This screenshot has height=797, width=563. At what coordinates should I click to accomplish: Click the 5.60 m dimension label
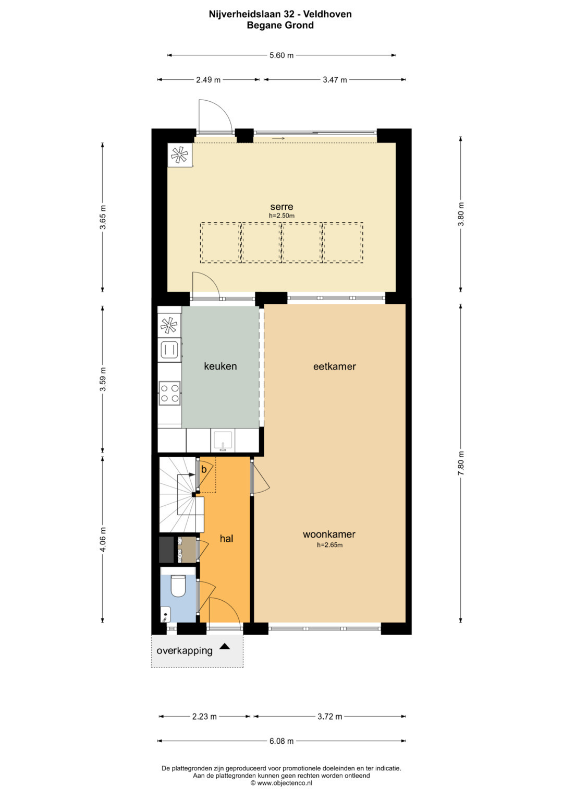(x=281, y=55)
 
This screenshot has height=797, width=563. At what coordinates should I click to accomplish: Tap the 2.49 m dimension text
(x=209, y=80)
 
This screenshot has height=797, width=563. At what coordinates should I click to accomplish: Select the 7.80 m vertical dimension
(x=461, y=463)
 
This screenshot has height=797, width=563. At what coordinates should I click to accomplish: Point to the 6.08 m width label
(x=281, y=741)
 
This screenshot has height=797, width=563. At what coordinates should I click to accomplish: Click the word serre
(x=281, y=207)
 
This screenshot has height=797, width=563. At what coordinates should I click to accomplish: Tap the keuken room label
(x=221, y=366)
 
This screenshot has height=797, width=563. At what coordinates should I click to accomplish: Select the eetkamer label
(x=335, y=366)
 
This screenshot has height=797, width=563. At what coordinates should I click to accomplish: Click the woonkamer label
(x=329, y=534)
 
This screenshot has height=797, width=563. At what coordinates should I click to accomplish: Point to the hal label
(x=226, y=539)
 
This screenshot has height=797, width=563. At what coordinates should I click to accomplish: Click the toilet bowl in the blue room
(x=178, y=585)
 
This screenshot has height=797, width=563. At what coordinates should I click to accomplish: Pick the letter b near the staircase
(x=204, y=469)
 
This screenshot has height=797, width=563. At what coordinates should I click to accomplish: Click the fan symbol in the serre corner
(x=179, y=155)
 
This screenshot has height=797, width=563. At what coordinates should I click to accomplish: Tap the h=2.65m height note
(x=330, y=545)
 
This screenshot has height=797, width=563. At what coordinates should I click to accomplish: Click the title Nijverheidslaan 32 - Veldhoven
(x=280, y=14)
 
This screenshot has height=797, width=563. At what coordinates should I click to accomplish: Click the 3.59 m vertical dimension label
(x=103, y=379)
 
